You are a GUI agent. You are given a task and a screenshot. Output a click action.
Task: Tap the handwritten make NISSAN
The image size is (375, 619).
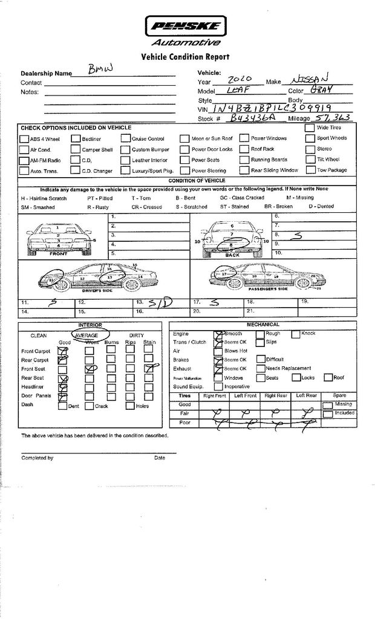click(310, 79)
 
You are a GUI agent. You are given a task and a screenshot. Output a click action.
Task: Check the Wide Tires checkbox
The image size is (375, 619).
click(310, 128)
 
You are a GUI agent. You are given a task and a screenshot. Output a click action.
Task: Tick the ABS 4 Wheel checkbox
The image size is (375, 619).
click(25, 138)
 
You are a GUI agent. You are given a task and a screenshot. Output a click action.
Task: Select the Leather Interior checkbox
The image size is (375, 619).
click(126, 160)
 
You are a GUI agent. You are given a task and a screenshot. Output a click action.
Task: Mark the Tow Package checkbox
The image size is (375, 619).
click(310, 170)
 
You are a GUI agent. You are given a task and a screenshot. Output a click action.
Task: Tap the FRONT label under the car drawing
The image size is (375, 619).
click(59, 254)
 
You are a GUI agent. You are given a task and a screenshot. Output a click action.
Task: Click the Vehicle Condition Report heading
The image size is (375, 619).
click(185, 57)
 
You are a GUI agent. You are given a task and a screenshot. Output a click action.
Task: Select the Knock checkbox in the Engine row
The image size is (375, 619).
click(296, 334)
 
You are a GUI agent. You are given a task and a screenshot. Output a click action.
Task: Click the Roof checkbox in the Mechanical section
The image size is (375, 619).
click(328, 378)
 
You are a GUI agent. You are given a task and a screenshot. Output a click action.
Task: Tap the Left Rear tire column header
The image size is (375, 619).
click(306, 395)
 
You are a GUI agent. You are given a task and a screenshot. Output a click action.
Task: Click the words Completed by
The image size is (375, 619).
click(37, 458)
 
